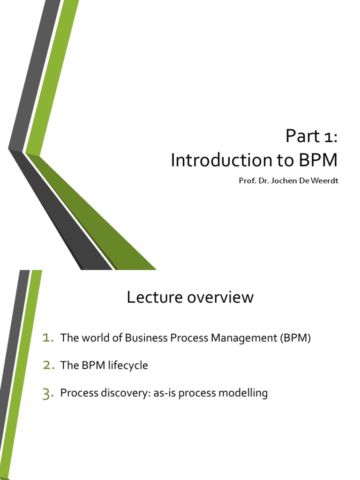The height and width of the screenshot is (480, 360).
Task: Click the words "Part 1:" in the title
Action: [x=311, y=137]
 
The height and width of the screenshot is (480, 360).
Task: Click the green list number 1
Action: [x=48, y=338]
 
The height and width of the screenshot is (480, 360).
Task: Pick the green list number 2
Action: [x=48, y=366]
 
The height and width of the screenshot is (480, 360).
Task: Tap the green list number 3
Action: [x=48, y=394]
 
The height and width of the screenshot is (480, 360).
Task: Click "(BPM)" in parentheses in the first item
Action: [x=295, y=338]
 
